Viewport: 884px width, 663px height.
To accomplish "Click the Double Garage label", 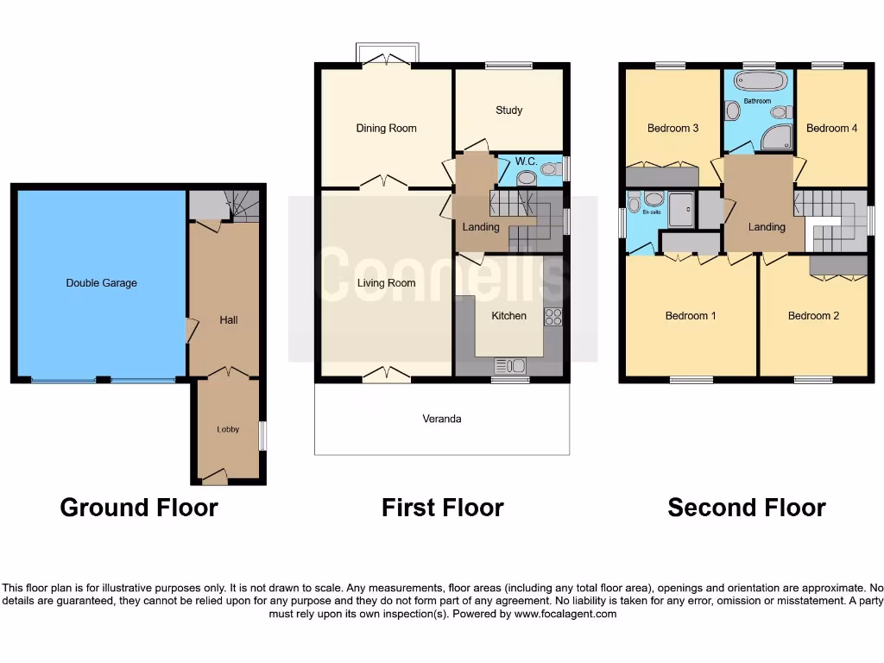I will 101,283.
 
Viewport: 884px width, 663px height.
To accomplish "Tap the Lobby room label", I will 228,429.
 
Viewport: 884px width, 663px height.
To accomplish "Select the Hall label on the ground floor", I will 228,320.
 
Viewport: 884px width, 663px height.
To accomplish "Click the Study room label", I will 509,110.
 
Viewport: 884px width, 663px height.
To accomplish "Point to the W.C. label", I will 527,161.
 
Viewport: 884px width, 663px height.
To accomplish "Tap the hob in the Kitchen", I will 553,317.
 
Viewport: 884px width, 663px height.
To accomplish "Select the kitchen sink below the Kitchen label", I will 511,365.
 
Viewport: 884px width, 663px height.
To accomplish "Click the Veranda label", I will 441,419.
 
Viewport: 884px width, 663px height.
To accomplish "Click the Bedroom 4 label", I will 831,128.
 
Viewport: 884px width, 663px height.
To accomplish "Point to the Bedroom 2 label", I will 813,316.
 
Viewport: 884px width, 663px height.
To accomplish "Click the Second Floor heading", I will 746,508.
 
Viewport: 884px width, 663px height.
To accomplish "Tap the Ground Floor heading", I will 138,508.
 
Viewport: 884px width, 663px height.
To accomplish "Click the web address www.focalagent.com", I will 565,614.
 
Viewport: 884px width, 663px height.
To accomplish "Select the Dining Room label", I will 386,128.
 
